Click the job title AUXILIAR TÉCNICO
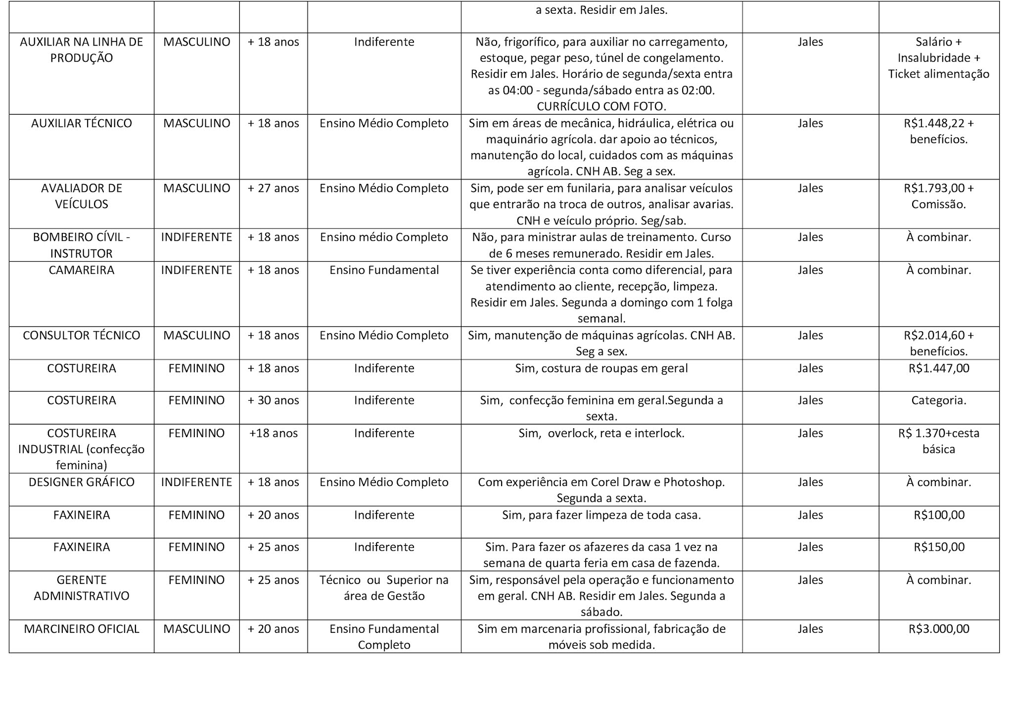82,123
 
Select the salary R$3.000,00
938,629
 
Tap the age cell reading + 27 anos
273,188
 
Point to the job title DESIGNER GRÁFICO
82,482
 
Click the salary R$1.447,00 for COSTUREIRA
938,368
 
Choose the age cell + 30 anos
273,401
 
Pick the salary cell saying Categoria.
938,401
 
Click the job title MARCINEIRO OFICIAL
82,629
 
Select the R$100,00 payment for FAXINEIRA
938,515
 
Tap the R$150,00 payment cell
938,547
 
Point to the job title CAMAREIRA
82,270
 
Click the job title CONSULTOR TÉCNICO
82,335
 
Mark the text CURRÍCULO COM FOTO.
601,106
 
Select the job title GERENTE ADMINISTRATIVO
82,588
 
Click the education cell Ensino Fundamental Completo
384,637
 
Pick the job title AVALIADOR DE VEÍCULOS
82,196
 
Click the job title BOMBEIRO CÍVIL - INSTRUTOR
82,245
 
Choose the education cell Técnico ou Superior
384,580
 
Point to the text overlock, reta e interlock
616,434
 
